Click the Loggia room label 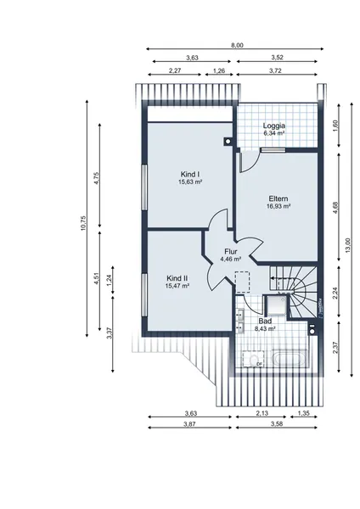coord(274,126)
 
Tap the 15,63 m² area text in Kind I coord(190,182)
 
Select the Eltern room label coord(278,199)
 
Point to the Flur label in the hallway coord(231,252)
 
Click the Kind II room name coord(177,278)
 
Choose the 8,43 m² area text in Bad coord(265,328)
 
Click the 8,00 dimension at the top coord(237,46)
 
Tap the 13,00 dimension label coord(348,245)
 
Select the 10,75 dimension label coord(83,223)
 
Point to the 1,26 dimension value coord(219,70)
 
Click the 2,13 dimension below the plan coord(262,414)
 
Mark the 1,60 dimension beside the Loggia coord(335,126)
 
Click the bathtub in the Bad coord(290,359)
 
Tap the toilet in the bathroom coord(253,360)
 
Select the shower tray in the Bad coord(277,305)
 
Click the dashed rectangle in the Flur coord(242,282)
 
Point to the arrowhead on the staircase coord(273,278)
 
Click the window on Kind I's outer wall coord(144,187)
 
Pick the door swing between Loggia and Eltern coord(250,162)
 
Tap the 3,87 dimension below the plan coord(189,424)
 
